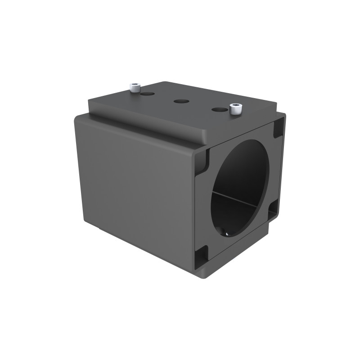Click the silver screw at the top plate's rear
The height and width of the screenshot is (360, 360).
click(134, 87)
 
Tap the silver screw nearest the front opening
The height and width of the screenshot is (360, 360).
click(235, 109)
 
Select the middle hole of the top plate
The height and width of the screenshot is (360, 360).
click(181, 102)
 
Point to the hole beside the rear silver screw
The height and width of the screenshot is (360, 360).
click(147, 94)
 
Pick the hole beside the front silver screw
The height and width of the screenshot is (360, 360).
click(219, 109)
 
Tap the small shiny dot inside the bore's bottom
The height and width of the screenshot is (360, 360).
click(226, 234)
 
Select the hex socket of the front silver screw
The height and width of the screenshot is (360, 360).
click(235, 106)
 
